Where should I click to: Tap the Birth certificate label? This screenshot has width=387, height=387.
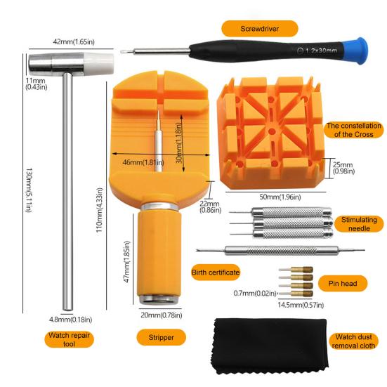215,272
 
